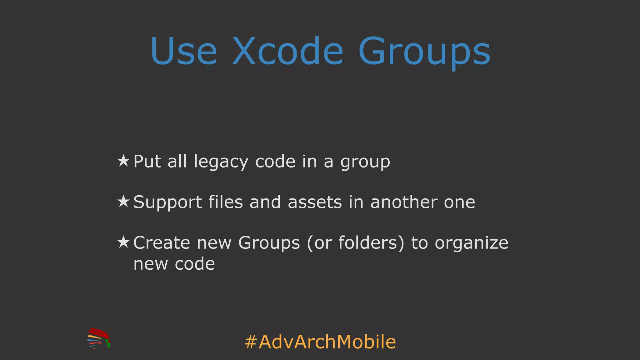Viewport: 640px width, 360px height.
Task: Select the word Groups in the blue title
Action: (x=424, y=52)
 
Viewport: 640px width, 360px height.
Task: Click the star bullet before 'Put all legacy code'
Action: (x=123, y=161)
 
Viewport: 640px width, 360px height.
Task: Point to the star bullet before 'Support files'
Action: (x=123, y=202)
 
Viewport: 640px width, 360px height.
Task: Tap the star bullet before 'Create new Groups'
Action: (x=123, y=242)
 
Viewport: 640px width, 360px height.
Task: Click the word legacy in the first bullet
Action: (x=221, y=162)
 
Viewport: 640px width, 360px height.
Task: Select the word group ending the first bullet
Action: (x=365, y=162)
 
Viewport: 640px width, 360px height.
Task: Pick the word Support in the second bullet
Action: (x=167, y=202)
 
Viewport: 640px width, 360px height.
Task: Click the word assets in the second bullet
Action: (x=315, y=202)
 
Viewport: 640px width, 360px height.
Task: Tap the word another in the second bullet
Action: (x=404, y=202)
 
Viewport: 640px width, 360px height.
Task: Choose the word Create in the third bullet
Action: (x=162, y=243)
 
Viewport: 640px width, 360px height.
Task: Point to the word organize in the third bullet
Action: (x=471, y=243)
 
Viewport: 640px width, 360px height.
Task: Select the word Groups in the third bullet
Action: (x=269, y=243)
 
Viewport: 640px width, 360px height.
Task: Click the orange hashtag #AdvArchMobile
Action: (x=320, y=342)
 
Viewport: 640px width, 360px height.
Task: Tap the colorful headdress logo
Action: (x=99, y=338)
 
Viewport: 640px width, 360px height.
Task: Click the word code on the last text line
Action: (x=195, y=264)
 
